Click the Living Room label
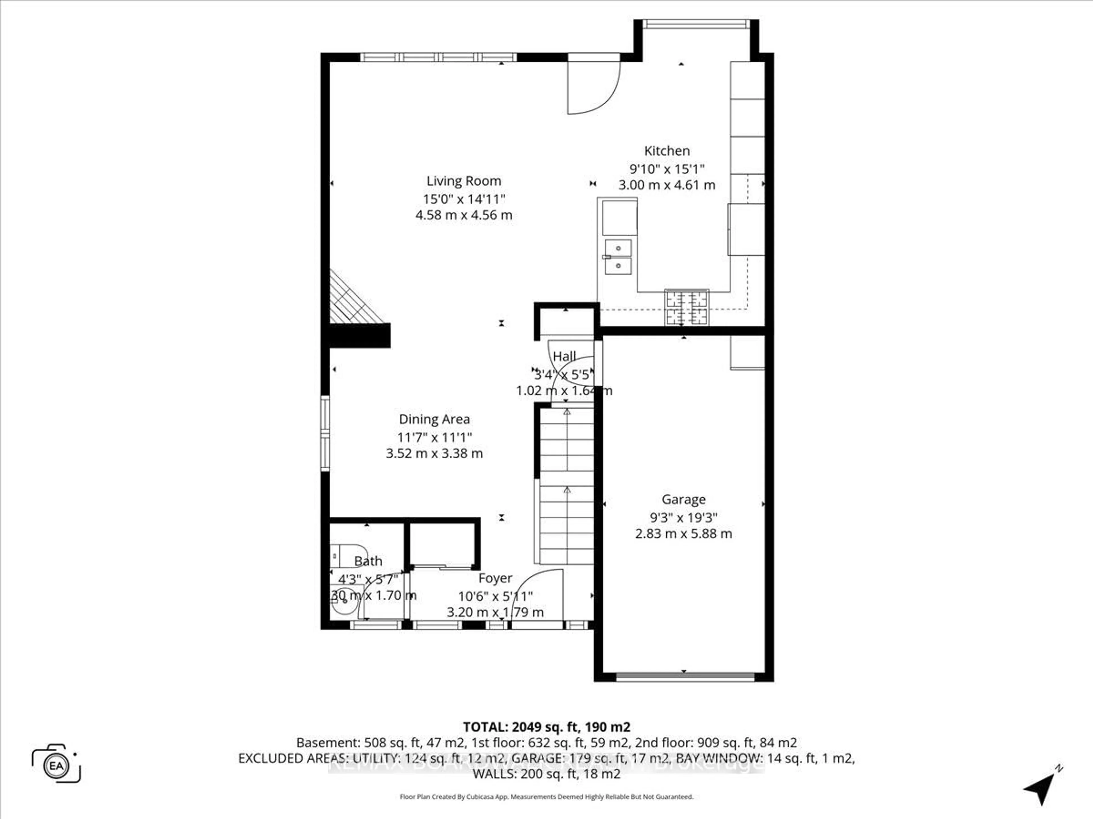click(x=463, y=181)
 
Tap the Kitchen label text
click(x=667, y=151)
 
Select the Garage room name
click(x=683, y=500)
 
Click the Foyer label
click(x=495, y=578)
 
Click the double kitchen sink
click(x=618, y=257)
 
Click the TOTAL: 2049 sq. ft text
click(x=546, y=727)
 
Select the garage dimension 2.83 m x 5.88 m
click(x=683, y=534)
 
